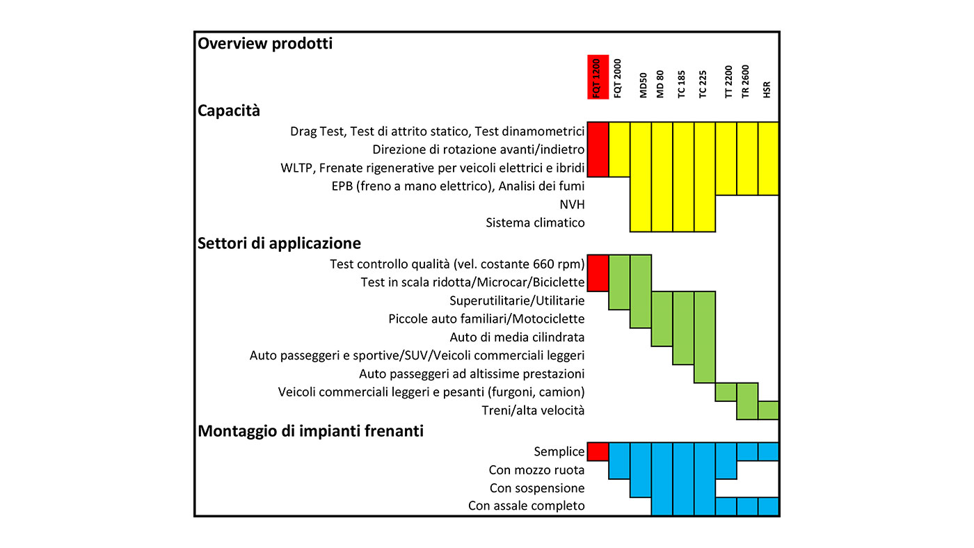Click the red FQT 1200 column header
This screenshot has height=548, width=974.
(598, 77)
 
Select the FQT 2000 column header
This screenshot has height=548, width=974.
(618, 78)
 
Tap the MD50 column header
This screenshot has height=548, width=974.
(643, 85)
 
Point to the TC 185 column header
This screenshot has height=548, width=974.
(681, 84)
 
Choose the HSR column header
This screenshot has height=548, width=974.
(767, 90)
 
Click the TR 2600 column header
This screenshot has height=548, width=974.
(745, 81)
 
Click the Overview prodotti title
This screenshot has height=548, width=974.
(265, 43)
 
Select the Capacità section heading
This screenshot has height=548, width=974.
(229, 111)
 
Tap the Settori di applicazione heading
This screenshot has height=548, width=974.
(279, 243)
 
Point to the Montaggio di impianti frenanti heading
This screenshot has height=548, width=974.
(310, 431)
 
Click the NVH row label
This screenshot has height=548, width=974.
(572, 204)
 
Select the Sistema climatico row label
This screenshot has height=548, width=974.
(535, 223)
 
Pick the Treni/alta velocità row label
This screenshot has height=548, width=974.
(533, 410)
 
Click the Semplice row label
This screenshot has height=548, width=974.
(559, 451)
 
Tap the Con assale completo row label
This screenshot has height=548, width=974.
(526, 506)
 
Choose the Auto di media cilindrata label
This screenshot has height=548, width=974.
(517, 337)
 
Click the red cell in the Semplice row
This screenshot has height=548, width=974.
(598, 451)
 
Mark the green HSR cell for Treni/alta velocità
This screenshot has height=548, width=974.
(768, 410)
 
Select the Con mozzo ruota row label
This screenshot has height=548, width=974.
(536, 470)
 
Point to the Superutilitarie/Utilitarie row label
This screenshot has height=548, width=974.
(516, 300)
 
